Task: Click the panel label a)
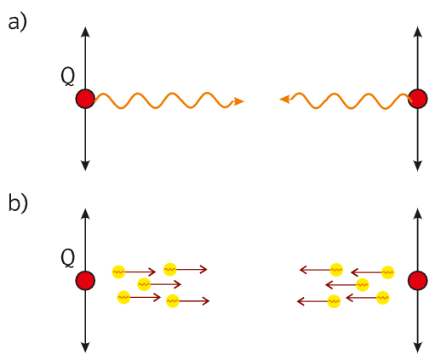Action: (x=17, y=23)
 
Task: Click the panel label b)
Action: (x=18, y=203)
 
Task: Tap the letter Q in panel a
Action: (x=68, y=77)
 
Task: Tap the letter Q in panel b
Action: (x=68, y=259)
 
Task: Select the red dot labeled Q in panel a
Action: (x=85, y=99)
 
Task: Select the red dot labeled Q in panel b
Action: (x=85, y=281)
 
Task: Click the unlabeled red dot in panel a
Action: (x=417, y=99)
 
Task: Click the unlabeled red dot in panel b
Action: (x=417, y=281)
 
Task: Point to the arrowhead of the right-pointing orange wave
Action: (x=238, y=101)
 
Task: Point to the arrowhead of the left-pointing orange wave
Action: (x=284, y=99)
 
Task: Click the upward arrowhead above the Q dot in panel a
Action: (x=85, y=31)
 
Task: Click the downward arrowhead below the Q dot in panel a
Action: (x=85, y=166)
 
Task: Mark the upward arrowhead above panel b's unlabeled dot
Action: (x=417, y=214)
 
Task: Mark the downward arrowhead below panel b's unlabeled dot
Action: (x=417, y=347)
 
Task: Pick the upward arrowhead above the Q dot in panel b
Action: (x=85, y=214)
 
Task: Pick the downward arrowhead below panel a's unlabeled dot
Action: (x=417, y=166)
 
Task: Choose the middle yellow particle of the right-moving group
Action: (x=144, y=284)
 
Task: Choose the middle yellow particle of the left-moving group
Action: (x=362, y=284)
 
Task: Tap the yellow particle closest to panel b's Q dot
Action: (x=118, y=271)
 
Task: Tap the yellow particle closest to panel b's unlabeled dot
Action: (x=387, y=272)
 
